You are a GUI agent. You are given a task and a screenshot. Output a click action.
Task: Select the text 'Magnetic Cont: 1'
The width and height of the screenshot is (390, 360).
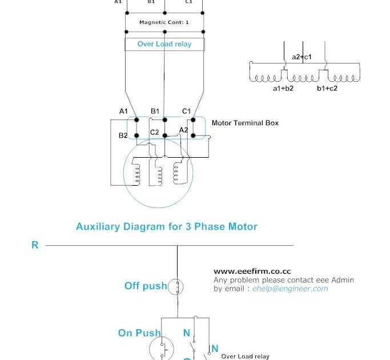[x=164, y=22]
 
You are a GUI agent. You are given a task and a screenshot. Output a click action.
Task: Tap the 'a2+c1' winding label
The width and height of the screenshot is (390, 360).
[x=302, y=57]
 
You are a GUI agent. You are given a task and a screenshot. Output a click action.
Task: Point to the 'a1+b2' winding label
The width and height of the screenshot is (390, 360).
[x=283, y=89]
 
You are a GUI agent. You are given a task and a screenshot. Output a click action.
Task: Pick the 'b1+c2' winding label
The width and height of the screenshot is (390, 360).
[x=327, y=89]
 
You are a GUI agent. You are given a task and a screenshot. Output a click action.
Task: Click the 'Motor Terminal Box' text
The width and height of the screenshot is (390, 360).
[x=245, y=123]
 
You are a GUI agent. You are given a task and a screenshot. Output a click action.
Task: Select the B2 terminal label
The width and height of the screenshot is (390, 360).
[x=123, y=135]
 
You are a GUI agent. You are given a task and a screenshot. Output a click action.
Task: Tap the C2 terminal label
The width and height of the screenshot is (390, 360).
[x=155, y=132]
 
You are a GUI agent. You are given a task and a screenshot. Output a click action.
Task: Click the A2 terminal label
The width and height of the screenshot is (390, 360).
[x=183, y=130]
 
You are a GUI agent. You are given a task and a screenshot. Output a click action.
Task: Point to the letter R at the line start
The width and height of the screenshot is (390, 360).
[x=35, y=245]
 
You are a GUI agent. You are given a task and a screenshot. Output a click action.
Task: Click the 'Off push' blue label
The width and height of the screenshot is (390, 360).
[x=146, y=286]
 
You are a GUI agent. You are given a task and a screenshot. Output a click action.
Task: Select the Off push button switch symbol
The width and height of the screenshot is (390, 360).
[x=178, y=286]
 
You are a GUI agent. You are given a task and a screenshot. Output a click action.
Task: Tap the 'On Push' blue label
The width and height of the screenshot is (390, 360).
[x=139, y=333]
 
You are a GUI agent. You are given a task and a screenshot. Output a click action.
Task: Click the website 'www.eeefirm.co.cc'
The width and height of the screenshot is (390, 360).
[x=248, y=271]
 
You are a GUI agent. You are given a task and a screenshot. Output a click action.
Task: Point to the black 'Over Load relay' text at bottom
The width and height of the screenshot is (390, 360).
[x=245, y=357]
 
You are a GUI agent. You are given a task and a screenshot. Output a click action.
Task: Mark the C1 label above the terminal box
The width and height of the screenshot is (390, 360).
[x=186, y=111]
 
